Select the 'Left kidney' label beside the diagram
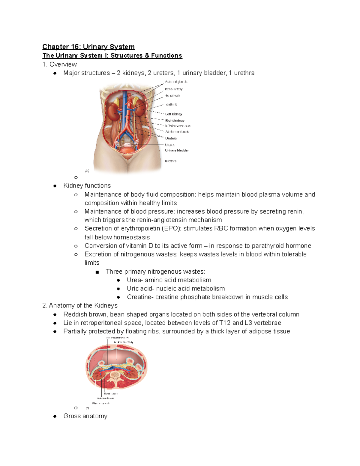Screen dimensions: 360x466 pos(174,114)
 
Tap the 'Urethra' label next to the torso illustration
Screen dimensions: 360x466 pos(171,161)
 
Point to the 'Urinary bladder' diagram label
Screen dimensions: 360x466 pos(177,150)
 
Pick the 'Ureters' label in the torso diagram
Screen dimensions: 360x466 pos(171,138)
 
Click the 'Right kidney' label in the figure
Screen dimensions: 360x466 pos(175,121)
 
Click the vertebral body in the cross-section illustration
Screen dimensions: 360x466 pos(115,375)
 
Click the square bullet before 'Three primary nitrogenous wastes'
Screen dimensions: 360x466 pos(97,272)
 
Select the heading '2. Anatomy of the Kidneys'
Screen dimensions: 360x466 pos(80,305)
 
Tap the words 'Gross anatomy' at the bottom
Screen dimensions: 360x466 pos(85,416)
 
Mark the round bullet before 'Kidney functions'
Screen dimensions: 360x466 pos(55,186)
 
